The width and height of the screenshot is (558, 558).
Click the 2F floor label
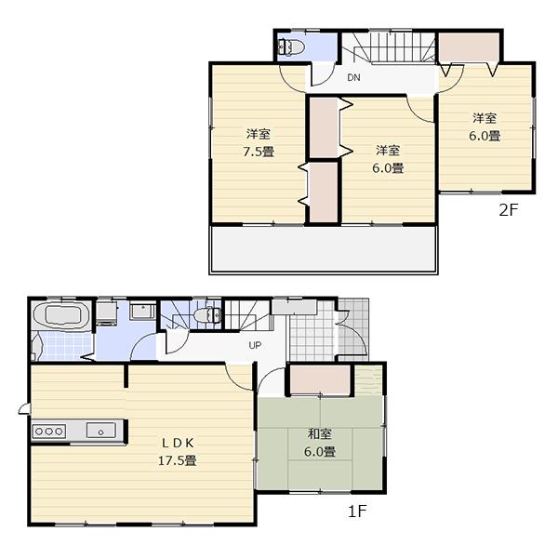point(507,210)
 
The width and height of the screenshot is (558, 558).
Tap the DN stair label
point(353,78)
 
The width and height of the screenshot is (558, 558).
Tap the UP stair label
point(254,345)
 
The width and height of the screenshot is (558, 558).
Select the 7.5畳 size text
point(259,152)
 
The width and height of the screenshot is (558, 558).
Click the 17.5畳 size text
point(176,460)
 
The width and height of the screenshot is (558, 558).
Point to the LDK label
point(176,443)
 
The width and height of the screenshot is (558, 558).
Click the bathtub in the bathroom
point(60,314)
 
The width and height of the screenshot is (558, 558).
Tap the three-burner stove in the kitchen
point(47,430)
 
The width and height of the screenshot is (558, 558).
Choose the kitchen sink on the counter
point(100,430)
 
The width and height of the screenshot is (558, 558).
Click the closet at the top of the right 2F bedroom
point(470,46)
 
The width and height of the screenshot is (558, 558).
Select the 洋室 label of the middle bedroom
point(389,151)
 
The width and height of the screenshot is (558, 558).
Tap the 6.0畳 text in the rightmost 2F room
point(485,136)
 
